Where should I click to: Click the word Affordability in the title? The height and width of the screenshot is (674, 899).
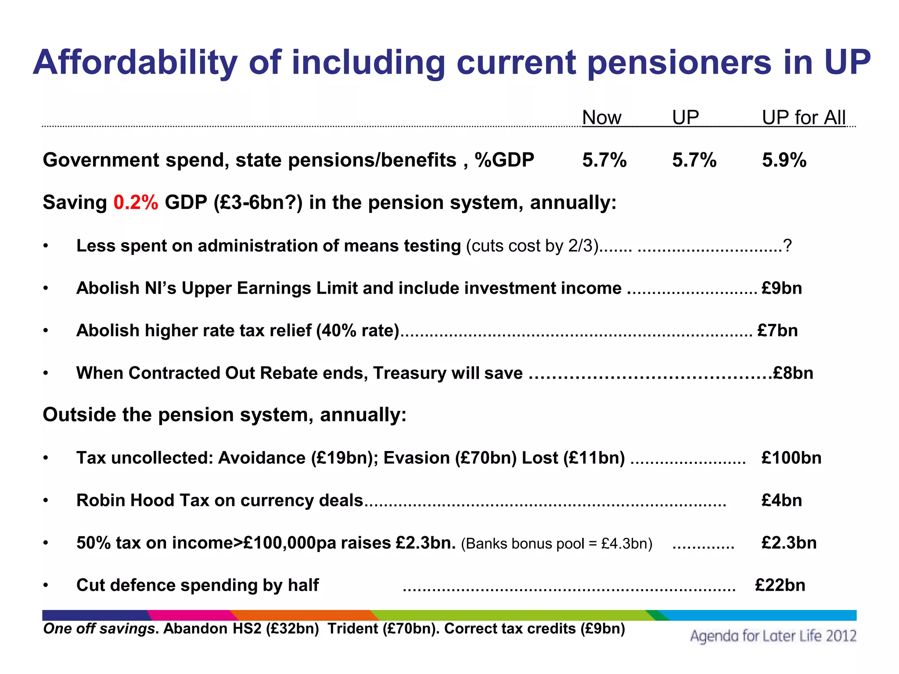pos(135,63)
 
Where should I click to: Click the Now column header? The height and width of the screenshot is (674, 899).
pos(601,118)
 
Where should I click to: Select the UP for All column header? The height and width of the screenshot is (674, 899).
pos(803,118)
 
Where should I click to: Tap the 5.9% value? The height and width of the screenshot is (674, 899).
pos(784,160)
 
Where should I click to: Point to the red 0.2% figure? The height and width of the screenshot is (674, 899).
pos(136,203)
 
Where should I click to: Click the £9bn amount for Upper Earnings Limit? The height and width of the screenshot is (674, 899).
pos(781,288)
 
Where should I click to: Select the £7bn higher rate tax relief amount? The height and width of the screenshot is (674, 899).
pos(777,330)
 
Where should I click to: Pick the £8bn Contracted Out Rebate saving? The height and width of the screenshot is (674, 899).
pos(793,373)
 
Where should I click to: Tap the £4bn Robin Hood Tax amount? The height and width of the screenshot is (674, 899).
pos(781,501)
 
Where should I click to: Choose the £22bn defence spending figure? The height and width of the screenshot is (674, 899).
pos(780,585)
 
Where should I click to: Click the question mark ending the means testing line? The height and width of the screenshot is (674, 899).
pos(787,246)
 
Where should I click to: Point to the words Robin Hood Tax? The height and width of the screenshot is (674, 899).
pos(143,501)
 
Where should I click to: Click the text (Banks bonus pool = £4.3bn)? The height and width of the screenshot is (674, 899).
pos(557,544)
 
